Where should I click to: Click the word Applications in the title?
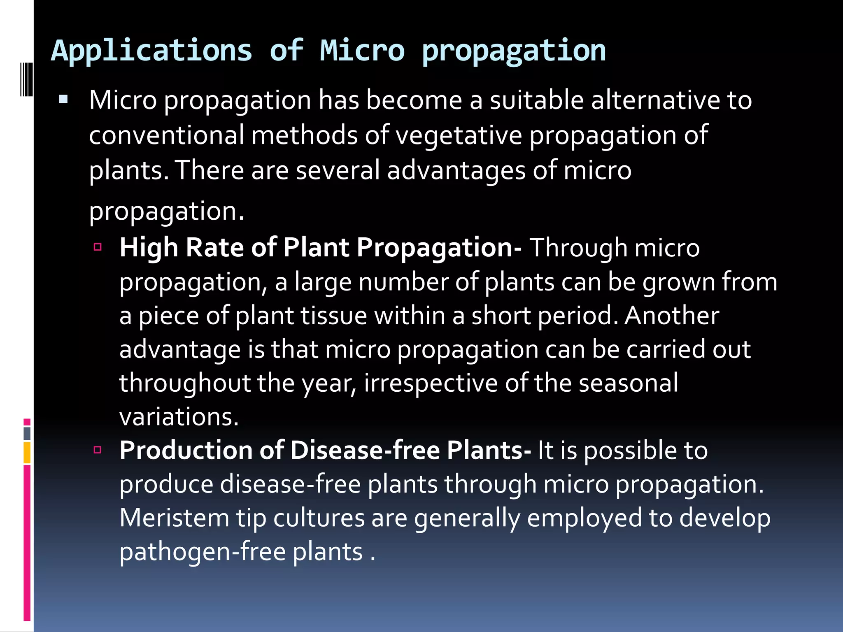pos(151,51)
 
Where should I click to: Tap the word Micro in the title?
pos(362,51)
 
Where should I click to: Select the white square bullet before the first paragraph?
pos(63,99)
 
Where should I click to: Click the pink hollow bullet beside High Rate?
pos(98,247)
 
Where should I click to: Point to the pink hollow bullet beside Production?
pos(98,449)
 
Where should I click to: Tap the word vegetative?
pos(459,136)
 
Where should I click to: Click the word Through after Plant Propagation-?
pos(578,248)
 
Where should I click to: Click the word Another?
pos(672,316)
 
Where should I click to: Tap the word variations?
pos(179,417)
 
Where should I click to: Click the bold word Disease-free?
pos(365,450)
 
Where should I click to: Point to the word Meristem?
pos(174,518)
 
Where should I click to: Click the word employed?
pos(584,518)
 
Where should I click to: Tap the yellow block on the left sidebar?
pos(27,453)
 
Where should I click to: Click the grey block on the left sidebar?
pos(27,433)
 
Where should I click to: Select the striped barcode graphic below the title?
pos(26,79)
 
